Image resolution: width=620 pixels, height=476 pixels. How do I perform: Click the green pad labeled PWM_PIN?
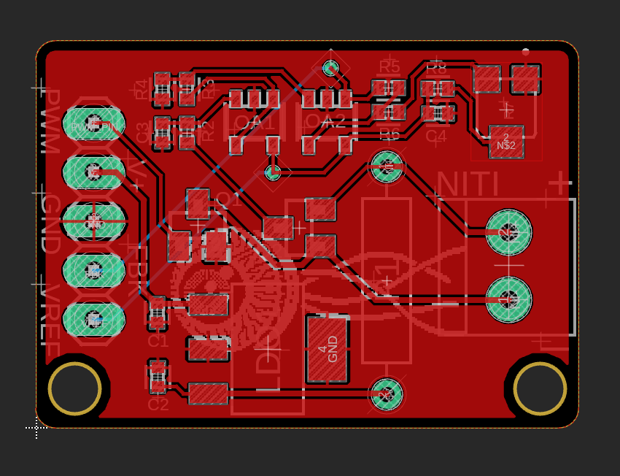point(93,126)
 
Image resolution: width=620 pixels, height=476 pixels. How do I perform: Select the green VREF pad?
point(93,319)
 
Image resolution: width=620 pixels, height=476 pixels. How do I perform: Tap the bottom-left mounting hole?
point(74,388)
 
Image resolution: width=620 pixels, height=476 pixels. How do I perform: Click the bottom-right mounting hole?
point(540,388)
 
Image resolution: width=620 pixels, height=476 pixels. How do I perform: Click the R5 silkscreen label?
point(390,68)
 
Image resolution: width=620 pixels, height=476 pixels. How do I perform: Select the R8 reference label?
point(436,69)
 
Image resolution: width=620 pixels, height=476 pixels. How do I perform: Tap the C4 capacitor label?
point(435,136)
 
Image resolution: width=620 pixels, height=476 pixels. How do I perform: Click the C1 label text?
point(158,340)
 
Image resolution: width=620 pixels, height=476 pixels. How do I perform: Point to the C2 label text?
point(158,404)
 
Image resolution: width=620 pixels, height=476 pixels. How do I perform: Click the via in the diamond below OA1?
point(272,172)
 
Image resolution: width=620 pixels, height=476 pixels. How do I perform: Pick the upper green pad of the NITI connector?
point(508,232)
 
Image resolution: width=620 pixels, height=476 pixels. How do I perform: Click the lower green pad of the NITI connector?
point(508,299)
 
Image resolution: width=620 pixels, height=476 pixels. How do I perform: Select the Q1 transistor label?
point(228,199)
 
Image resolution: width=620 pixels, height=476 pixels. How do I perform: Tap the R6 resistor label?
point(390,134)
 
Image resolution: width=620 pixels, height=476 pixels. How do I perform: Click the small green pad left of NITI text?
point(387,167)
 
